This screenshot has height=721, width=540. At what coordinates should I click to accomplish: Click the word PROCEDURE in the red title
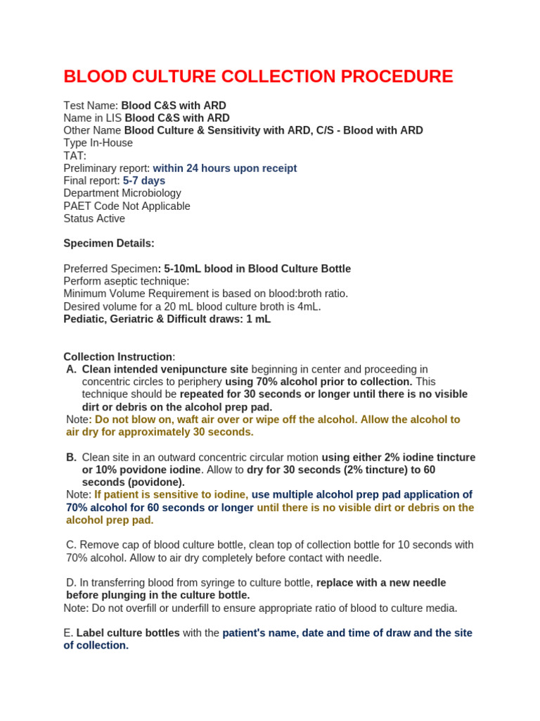click(x=392, y=77)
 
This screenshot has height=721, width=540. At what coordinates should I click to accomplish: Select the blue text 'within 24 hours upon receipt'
click(x=224, y=168)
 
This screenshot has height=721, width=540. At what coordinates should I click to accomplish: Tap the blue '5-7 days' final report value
click(x=144, y=181)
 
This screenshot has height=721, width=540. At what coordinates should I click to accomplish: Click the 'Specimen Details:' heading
click(x=109, y=244)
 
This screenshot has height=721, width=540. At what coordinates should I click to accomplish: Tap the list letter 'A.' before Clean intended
click(x=71, y=370)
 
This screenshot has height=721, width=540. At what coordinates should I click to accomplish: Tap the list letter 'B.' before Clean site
click(x=71, y=457)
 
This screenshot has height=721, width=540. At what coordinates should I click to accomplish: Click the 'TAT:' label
click(x=75, y=156)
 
